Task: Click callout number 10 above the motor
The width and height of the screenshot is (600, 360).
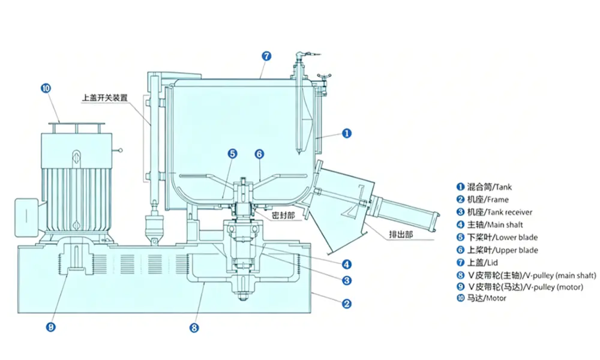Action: [46, 88]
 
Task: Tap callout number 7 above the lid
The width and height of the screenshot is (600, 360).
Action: [266, 56]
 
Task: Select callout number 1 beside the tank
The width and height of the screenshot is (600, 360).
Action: [347, 134]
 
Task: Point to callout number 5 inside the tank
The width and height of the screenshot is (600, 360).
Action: [232, 154]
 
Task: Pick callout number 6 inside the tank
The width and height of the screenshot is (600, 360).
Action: [259, 154]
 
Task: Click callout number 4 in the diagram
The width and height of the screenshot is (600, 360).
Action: [347, 265]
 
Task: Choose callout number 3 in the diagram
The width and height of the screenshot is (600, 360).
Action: [347, 280]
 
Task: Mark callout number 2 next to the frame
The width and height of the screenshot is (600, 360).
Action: [347, 304]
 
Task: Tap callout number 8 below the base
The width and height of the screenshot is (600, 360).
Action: [194, 328]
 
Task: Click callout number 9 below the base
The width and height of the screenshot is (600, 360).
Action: [51, 327]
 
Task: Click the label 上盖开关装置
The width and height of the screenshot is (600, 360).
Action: [105, 98]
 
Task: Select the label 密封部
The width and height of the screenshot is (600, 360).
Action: [284, 216]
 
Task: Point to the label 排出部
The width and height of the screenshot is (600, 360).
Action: [401, 235]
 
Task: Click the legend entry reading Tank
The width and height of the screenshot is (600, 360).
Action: [484, 187]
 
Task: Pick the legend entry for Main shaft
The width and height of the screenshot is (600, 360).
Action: [490, 224]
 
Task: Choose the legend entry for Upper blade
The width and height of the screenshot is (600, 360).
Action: [497, 250]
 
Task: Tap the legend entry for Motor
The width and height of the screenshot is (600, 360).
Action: [481, 298]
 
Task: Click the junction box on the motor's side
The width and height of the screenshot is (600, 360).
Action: [26, 217]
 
